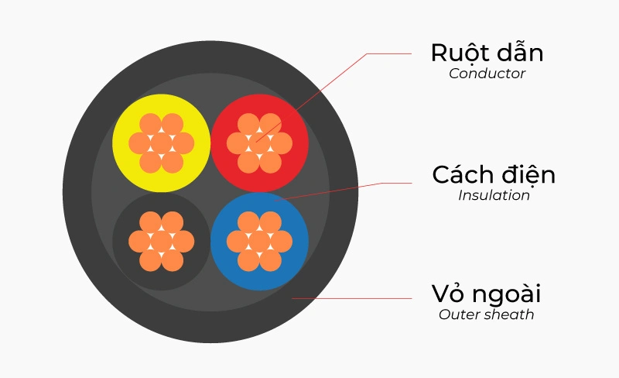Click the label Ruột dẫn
pyautogui.click(x=487, y=53)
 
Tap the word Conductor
pyautogui.click(x=487, y=74)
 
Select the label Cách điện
pyautogui.click(x=494, y=175)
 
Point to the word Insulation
pyautogui.click(x=494, y=195)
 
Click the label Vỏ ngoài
pyautogui.click(x=486, y=294)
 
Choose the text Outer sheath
pyautogui.click(x=486, y=314)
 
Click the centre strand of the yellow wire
pyautogui.click(x=161, y=143)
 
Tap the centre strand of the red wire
pyautogui.click(x=259, y=143)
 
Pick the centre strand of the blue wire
pyautogui.click(x=259, y=241)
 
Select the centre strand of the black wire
pyautogui.click(x=161, y=241)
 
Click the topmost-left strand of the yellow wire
pyautogui.click(x=150, y=124)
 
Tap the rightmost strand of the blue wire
pyautogui.click(x=281, y=241)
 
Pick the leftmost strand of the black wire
pyautogui.click(x=139, y=241)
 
